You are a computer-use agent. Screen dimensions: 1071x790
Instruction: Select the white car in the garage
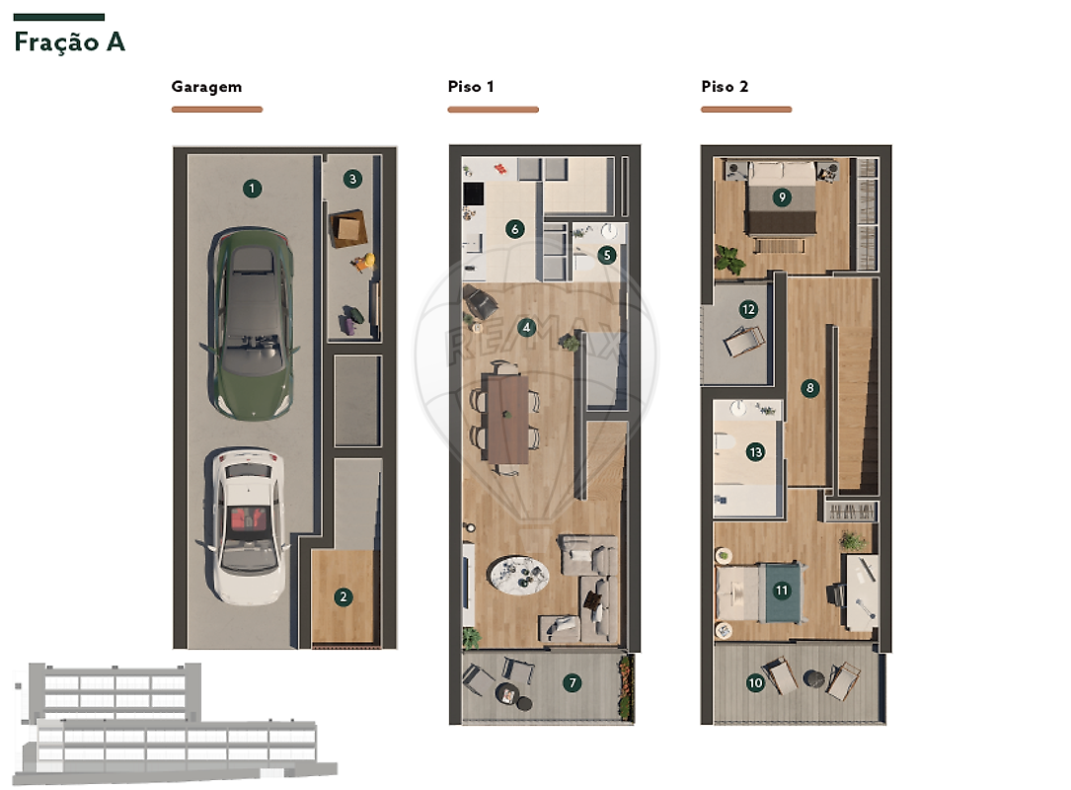(245, 526)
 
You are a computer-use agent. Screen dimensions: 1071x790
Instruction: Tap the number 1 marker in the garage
(252, 188)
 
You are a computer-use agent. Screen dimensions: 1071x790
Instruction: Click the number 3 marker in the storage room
(352, 179)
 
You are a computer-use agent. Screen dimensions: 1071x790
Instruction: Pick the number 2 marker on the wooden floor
(344, 596)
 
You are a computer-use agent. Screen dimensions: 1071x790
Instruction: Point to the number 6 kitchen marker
(515, 229)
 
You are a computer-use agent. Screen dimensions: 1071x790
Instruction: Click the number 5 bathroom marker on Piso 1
(606, 256)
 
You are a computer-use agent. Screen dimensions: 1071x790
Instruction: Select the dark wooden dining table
(507, 419)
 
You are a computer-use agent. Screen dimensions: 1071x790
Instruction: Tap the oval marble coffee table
(519, 576)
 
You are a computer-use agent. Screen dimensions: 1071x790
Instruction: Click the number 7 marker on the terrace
(573, 682)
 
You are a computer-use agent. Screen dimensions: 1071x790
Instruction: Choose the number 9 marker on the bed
(782, 197)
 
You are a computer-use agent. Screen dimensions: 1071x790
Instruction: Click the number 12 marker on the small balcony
(748, 309)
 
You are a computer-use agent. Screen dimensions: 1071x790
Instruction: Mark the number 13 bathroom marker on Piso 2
(755, 451)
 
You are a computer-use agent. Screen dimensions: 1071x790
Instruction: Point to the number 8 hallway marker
(810, 388)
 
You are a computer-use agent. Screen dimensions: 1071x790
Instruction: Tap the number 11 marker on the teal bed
(782, 590)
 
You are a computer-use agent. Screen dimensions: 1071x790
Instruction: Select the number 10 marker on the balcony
(755, 682)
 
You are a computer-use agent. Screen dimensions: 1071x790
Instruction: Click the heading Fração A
(70, 42)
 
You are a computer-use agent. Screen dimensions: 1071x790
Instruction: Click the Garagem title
(206, 87)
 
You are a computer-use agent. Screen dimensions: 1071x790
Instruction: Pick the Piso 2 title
(725, 86)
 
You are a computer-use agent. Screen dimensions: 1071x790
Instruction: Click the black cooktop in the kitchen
(474, 194)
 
